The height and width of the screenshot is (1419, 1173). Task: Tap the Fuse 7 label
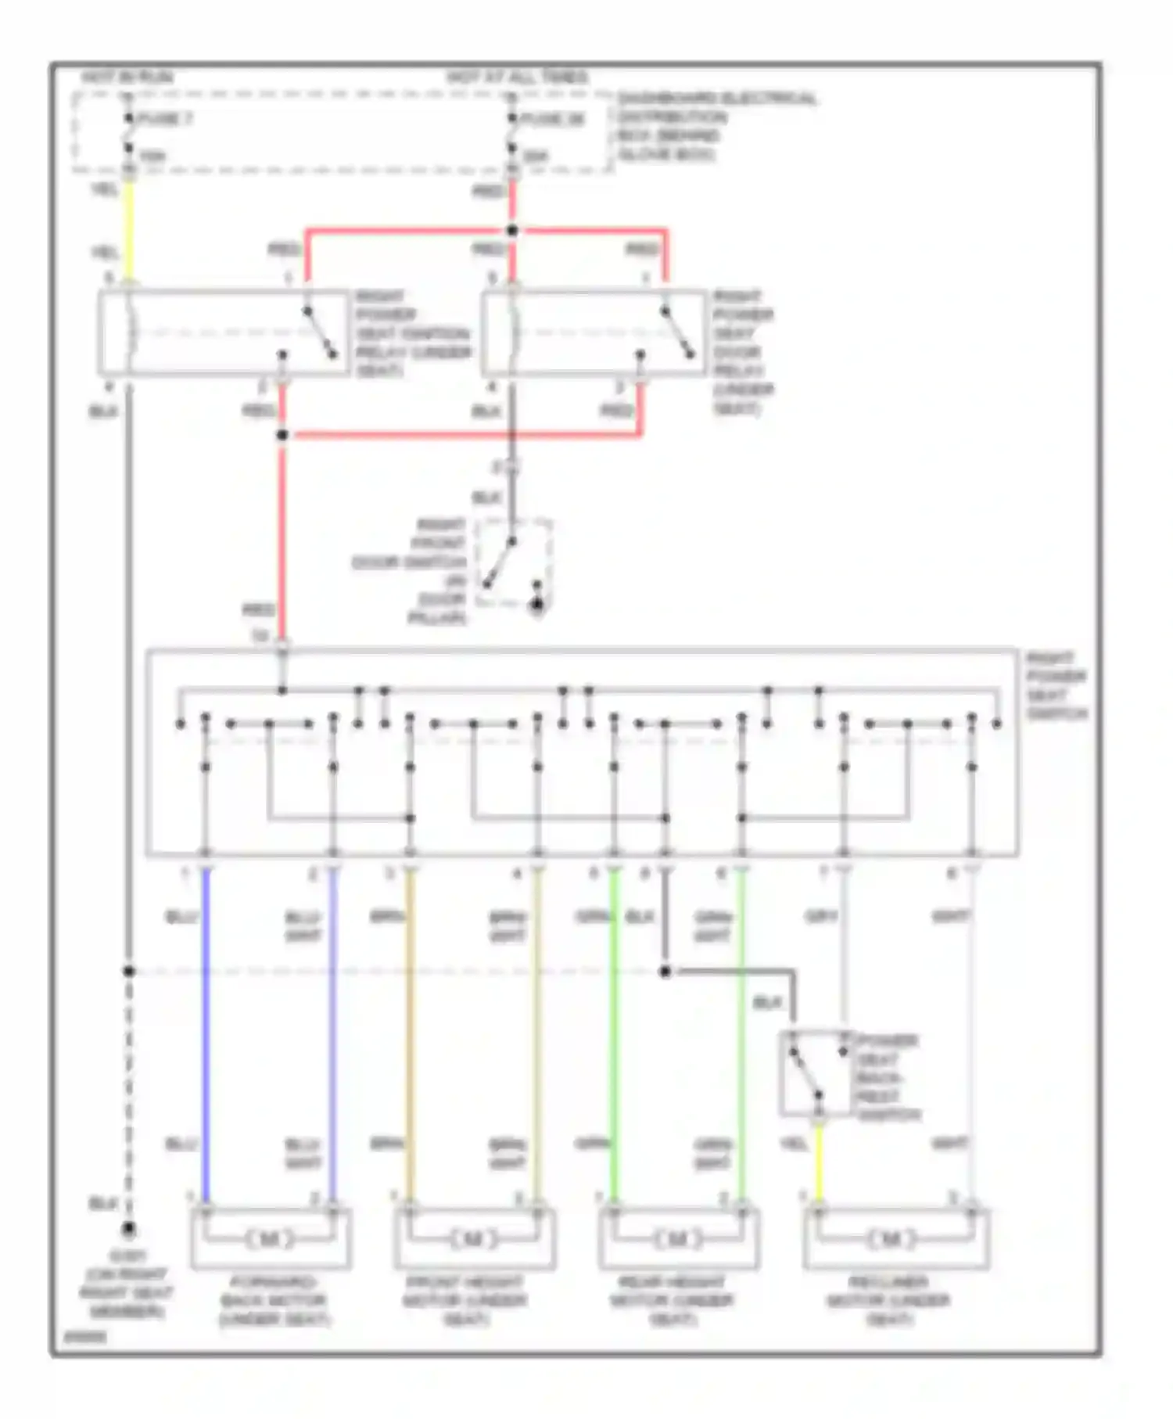coord(164,119)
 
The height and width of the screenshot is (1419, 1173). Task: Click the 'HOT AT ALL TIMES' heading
coord(518,77)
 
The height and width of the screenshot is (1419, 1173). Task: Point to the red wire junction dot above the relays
coord(512,231)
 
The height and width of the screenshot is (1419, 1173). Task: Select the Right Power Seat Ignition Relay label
coord(412,333)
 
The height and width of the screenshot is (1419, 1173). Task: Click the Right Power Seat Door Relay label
coord(743,352)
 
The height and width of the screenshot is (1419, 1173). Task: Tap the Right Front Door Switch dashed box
coord(515,562)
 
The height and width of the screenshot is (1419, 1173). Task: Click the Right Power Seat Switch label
coord(1056,686)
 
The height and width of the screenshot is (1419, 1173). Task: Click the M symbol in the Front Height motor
coord(473,1239)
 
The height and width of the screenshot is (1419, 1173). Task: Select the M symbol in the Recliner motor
coord(890,1239)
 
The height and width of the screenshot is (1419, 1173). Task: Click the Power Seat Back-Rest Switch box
coord(815,1073)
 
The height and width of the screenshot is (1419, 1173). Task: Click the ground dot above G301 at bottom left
coord(129,1230)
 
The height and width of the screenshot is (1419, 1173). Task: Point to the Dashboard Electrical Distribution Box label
coord(716,127)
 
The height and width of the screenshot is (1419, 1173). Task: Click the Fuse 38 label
coord(552,119)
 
